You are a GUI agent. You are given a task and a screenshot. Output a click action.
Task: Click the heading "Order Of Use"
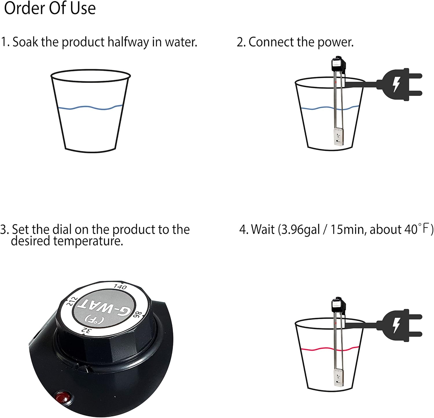tap(50, 8)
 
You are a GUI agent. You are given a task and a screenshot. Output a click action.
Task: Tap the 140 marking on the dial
tap(120, 287)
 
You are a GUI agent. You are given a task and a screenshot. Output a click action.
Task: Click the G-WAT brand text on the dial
tap(106, 309)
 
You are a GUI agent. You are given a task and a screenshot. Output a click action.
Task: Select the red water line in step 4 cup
tap(318, 349)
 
